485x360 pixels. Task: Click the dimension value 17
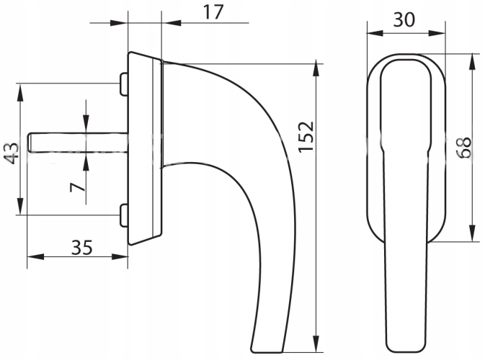[213, 12]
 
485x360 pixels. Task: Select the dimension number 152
[306, 137]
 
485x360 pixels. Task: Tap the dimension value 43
[12, 153]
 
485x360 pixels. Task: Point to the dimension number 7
[77, 187]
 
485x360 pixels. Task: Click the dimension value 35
[82, 248]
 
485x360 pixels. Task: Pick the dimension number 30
[404, 20]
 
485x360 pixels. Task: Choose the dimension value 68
[464, 148]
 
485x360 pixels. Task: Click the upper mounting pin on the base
[124, 84]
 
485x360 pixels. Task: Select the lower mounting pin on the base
[124, 215]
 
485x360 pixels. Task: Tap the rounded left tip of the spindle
[29, 143]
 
